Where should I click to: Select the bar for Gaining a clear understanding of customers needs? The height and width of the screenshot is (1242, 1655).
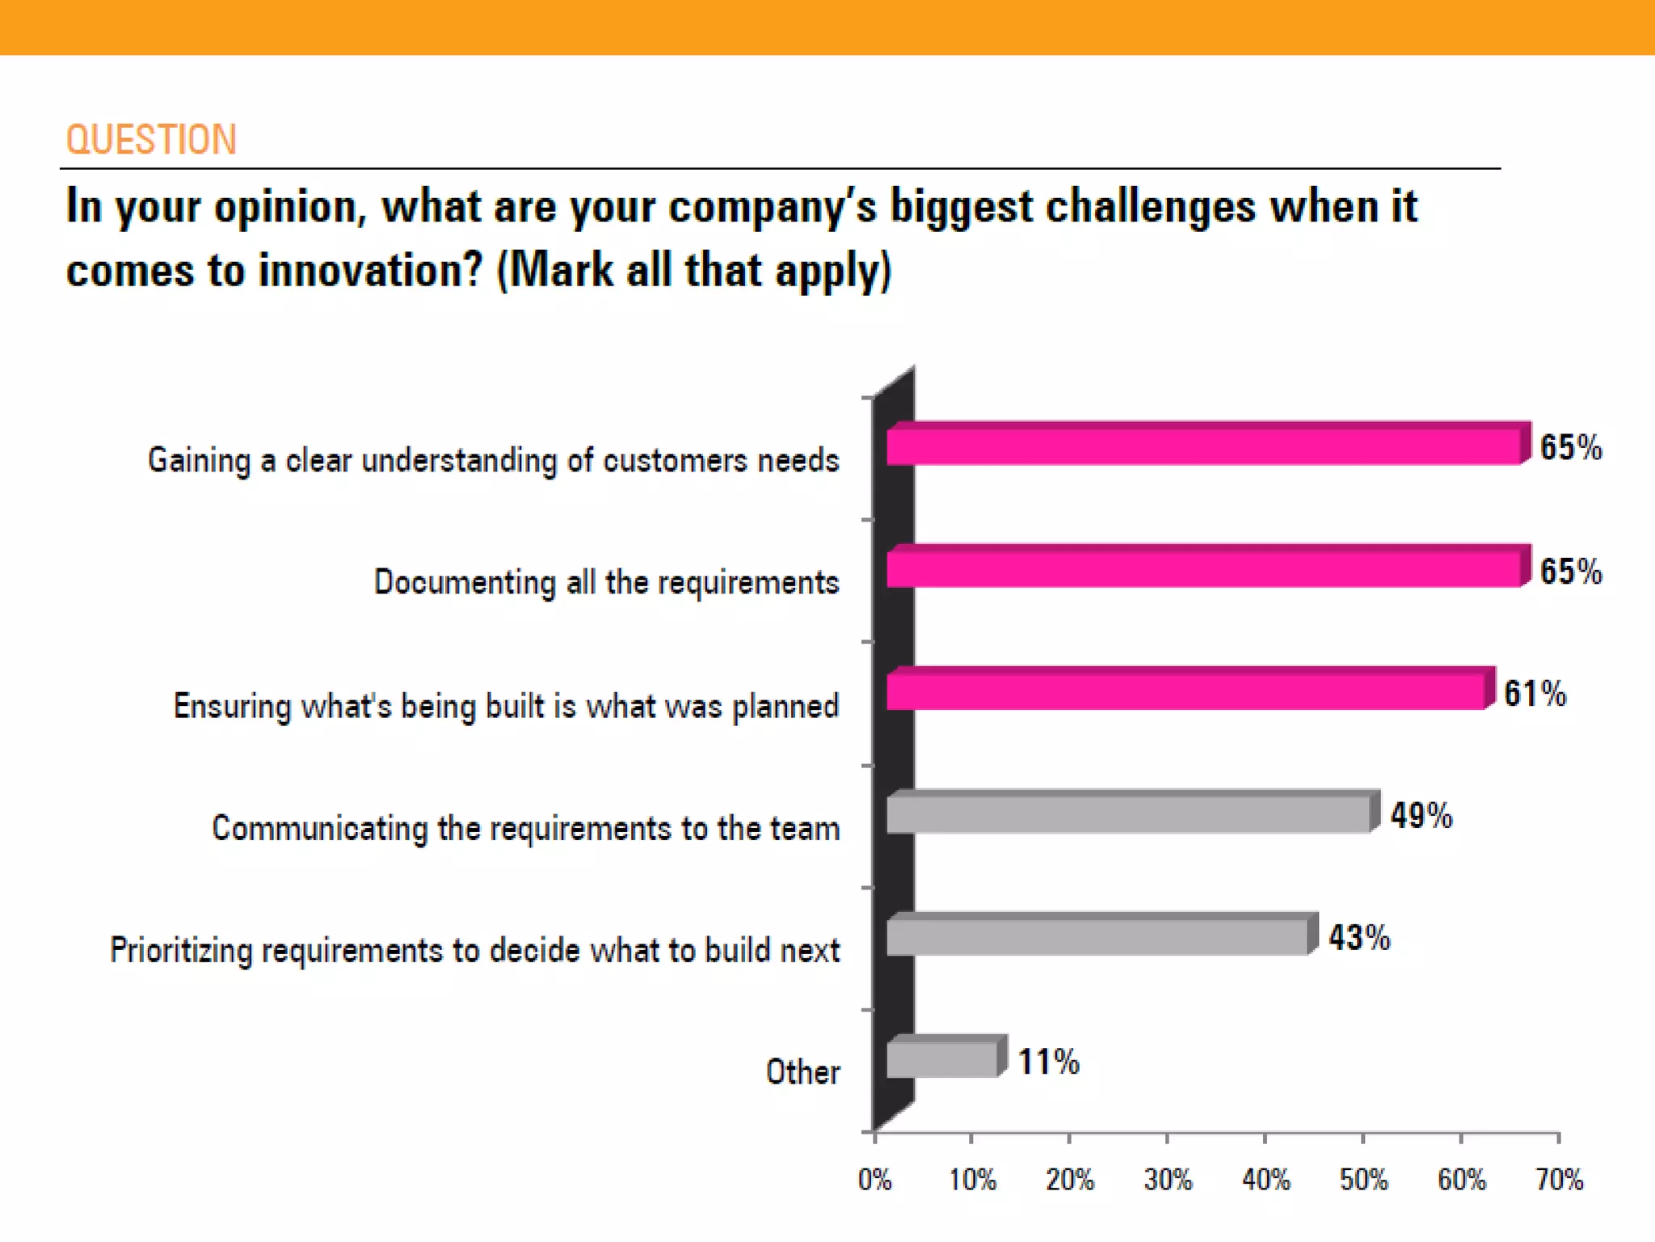point(1204,446)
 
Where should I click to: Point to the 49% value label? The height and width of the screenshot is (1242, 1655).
point(1421,815)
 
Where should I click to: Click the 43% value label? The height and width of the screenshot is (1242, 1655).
point(1359,938)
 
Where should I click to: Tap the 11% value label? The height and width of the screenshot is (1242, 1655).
point(1048,1062)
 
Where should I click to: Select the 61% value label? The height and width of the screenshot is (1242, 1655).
point(1535,693)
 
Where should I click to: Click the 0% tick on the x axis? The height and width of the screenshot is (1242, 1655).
point(874,1180)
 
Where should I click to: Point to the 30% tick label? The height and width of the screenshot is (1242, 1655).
point(1168,1180)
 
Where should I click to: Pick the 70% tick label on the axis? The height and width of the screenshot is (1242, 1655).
point(1559,1180)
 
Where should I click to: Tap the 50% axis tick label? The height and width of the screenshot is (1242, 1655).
point(1363,1180)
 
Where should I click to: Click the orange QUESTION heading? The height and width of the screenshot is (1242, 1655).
point(151,140)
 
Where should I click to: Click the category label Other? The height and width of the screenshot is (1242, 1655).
point(802,1072)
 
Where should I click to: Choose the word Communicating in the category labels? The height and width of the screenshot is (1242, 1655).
point(319,829)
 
